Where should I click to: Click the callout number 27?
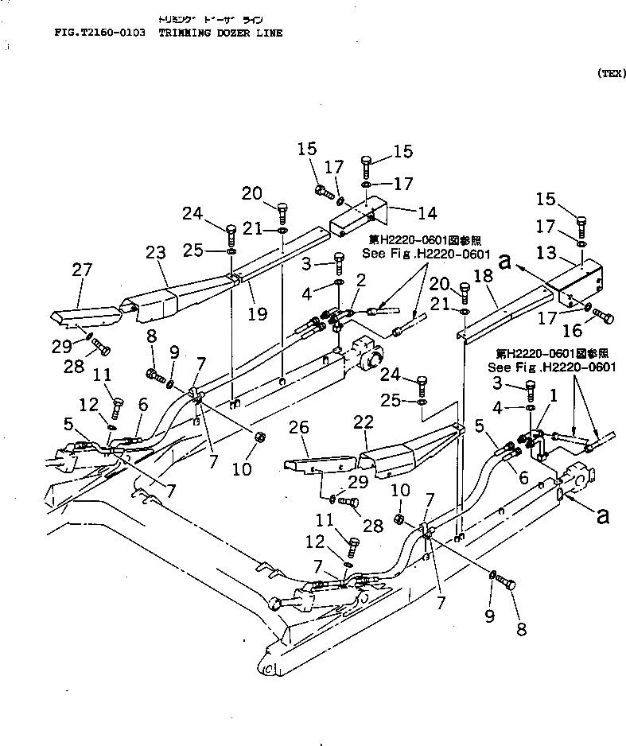pos(83,270)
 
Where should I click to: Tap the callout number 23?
pos(155,254)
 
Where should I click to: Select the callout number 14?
pos(427,213)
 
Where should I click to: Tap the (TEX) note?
pos(611,73)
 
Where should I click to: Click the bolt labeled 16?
pos(603,319)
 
